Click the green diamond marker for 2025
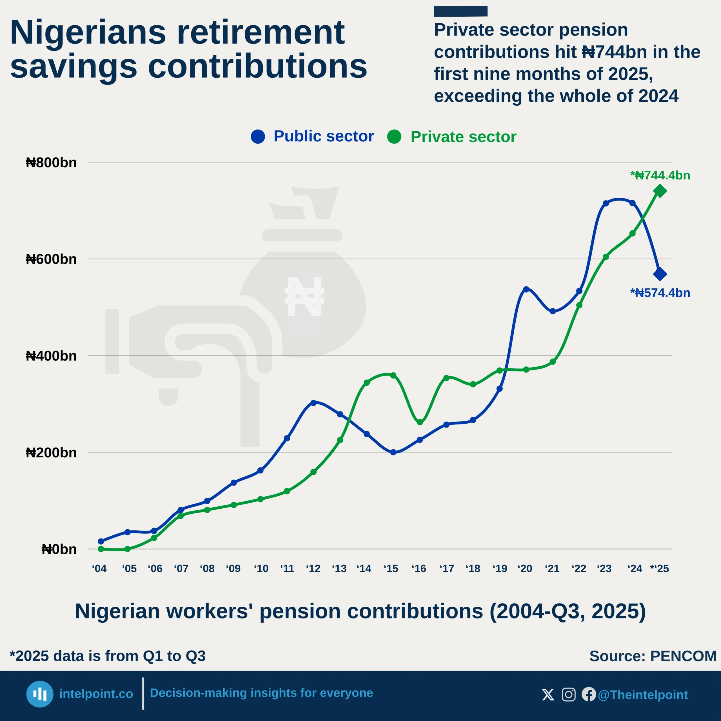660,191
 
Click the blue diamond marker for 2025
660,274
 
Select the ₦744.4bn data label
660,175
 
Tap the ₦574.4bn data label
660,293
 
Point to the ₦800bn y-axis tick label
51,163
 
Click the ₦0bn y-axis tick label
59,549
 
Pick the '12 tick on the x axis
313,569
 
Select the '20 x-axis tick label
525,569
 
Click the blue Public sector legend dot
258,137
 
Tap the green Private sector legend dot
394,137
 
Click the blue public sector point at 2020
526,289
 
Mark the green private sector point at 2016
420,422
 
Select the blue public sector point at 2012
313,403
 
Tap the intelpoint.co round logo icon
39,694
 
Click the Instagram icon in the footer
568,695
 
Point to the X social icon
548,695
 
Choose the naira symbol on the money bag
304,296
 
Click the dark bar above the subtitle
460,11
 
